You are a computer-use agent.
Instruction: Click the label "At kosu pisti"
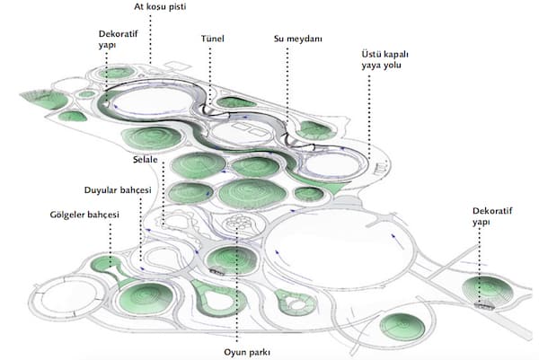[x=160, y=7]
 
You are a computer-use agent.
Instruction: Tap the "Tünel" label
[x=212, y=39]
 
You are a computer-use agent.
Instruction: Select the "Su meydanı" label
[x=298, y=39]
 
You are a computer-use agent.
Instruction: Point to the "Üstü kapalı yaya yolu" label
[x=385, y=59]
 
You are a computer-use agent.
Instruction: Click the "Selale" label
[x=146, y=160]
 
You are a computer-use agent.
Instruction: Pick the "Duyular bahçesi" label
[x=118, y=190]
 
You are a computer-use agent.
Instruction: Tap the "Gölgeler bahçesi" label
[x=84, y=215]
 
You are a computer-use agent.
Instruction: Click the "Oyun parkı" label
[x=247, y=353]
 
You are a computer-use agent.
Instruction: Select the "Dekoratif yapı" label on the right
[x=492, y=216]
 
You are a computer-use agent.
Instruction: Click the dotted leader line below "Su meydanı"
[x=287, y=85]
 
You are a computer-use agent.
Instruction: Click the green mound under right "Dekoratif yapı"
[x=488, y=291]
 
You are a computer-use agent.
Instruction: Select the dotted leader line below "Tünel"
[x=210, y=76]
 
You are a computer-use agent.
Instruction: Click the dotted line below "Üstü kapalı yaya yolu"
[x=369, y=118]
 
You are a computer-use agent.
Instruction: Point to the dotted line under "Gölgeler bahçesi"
[x=110, y=245]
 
